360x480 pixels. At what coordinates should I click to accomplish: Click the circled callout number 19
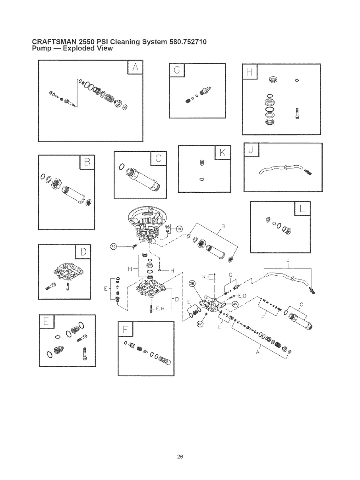179,228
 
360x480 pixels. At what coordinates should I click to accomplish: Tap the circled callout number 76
113,247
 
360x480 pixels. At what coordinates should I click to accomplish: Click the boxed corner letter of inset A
135,68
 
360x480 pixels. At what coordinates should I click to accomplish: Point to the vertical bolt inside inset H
297,113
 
